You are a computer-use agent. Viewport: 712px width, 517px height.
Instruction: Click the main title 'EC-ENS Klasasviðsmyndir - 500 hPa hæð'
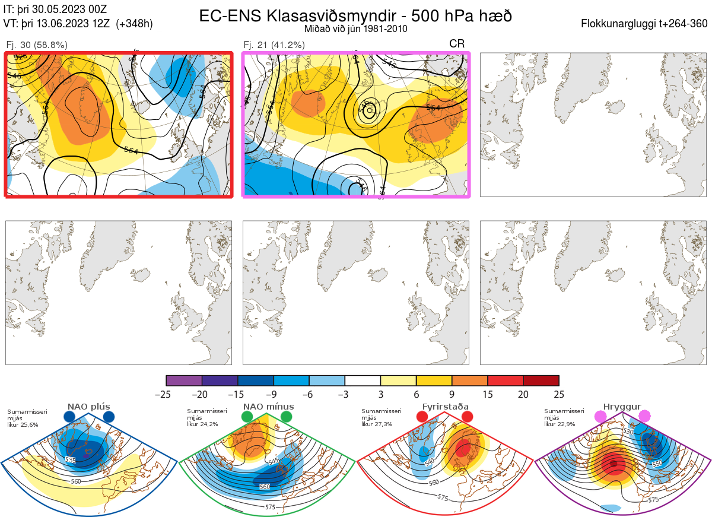(x=355, y=16)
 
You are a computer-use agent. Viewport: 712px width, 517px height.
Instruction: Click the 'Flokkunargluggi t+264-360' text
(x=646, y=24)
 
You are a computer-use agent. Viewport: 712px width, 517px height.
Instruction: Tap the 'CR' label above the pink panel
(x=457, y=44)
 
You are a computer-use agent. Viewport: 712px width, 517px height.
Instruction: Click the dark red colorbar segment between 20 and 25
(x=541, y=380)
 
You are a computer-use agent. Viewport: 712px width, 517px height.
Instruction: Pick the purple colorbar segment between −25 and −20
(x=184, y=380)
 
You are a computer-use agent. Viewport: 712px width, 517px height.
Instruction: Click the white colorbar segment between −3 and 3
(x=363, y=380)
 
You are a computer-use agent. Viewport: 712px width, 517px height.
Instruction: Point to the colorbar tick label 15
(x=488, y=394)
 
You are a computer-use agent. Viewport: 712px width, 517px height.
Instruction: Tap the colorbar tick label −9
(x=273, y=394)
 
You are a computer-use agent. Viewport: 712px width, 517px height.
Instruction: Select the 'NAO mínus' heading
(x=268, y=407)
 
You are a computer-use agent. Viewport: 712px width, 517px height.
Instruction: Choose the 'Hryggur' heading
(x=622, y=407)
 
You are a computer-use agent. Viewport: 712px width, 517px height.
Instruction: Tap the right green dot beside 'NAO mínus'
(x=287, y=417)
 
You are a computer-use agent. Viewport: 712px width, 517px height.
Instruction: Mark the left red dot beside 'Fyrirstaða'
(x=422, y=417)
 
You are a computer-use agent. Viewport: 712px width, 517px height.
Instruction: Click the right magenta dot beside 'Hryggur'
(x=644, y=417)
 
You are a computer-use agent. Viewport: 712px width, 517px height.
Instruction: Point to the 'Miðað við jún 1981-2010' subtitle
(x=355, y=28)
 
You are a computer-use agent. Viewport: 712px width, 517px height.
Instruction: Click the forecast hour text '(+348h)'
(x=135, y=24)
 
